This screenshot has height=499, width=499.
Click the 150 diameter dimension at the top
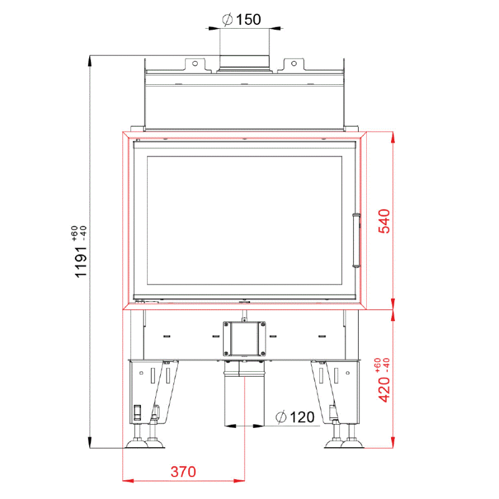241,20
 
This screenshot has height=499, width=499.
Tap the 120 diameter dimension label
295,417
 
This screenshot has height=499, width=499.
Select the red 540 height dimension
384,221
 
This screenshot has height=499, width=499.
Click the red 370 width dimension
183,472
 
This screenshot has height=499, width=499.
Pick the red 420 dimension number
384,390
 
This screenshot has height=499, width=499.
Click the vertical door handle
356,240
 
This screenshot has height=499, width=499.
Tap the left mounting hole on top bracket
195,64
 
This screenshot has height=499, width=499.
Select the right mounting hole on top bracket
294,64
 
